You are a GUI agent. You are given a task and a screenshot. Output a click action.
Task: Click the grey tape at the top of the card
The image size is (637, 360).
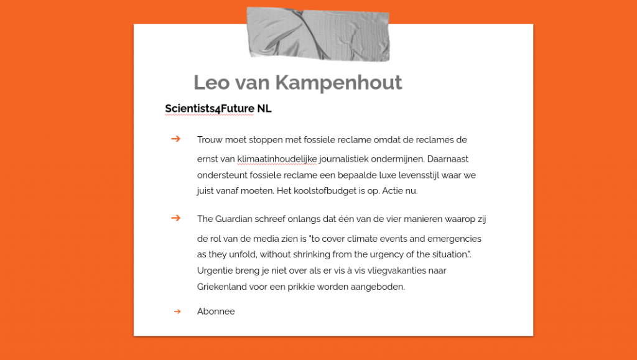coord(318,34)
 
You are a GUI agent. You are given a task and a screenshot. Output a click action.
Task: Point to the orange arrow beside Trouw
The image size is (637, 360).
coord(176,139)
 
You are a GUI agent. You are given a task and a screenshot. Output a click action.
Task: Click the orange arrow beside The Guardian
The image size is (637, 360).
coord(176,218)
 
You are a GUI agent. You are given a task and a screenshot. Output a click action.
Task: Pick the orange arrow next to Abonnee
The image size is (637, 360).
coord(177,311)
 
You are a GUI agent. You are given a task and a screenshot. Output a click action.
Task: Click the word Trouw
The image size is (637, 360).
coord(210,140)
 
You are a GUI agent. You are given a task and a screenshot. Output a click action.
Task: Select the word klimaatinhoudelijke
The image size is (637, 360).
coord(277,159)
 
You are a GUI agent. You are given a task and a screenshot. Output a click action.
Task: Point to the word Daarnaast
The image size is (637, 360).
coord(448,159)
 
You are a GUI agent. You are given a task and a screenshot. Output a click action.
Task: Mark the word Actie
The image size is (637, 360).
coord(392,191)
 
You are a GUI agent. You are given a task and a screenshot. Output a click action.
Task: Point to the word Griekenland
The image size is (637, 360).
coord(223,287)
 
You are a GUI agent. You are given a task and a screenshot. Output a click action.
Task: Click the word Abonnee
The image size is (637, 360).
coord(216,312)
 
